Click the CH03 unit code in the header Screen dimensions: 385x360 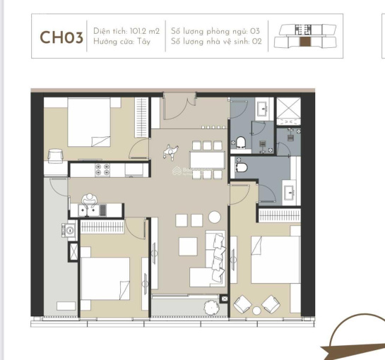(x=61, y=37)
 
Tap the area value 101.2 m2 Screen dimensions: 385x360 (x=145, y=31)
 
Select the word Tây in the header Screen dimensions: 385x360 (x=144, y=42)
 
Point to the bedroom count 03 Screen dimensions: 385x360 (x=255, y=31)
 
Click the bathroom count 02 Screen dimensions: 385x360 (x=256, y=41)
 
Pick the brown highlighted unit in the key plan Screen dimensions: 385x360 (x=305, y=42)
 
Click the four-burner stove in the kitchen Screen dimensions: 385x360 (x=102, y=169)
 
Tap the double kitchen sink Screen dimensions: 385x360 (x=89, y=210)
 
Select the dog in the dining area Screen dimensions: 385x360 (x=170, y=152)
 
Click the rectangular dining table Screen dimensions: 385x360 (x=207, y=160)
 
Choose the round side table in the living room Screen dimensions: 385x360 (x=215, y=217)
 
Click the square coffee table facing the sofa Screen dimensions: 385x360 (x=188, y=246)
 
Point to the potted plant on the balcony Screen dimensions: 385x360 (x=211, y=308)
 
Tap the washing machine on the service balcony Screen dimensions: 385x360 (x=69, y=230)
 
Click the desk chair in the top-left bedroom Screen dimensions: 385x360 (x=56, y=156)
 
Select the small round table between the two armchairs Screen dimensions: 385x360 (x=256, y=311)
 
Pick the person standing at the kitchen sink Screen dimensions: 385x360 (x=90, y=200)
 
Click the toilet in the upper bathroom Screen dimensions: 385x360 (x=241, y=143)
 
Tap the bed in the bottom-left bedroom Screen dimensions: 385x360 (x=105, y=279)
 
